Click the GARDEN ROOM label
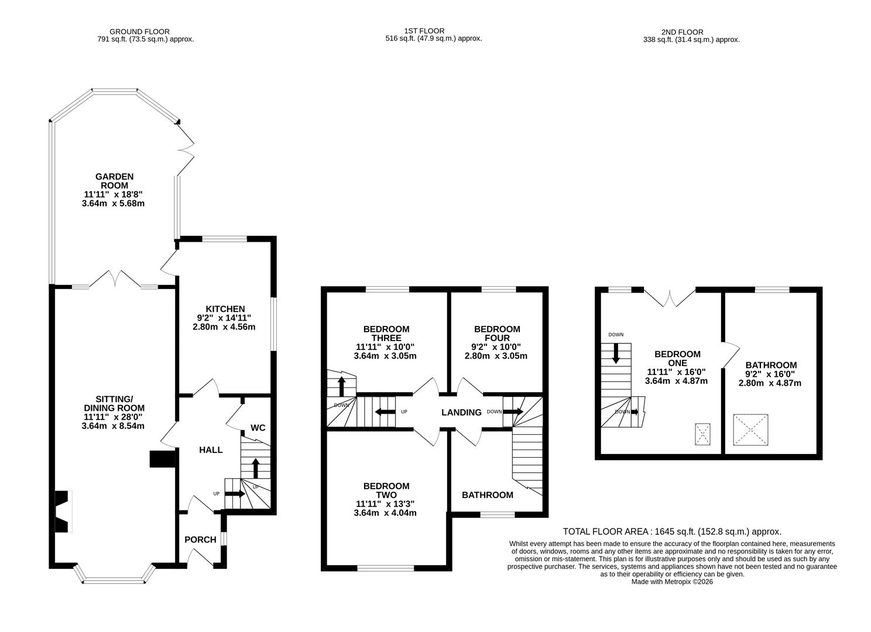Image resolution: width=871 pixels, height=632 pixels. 115,181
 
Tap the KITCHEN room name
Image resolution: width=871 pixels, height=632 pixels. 225,309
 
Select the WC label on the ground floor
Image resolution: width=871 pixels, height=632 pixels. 258,428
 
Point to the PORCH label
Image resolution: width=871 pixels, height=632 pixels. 200,540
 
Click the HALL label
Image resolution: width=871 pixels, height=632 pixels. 211,450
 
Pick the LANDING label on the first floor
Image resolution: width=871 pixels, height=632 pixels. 461,413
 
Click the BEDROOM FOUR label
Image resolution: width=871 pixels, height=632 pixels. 496,334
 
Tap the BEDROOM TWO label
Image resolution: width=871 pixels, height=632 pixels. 386,490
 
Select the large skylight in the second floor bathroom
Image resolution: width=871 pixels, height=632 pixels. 750,430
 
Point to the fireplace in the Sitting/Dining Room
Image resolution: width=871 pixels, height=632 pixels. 62,511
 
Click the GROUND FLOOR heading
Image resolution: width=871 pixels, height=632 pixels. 139,32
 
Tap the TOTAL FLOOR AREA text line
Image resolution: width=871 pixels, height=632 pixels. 672,532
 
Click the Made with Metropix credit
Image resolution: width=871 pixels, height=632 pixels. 672,582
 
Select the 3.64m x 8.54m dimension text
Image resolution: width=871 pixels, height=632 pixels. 113,426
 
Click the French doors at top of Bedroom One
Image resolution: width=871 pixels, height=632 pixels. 669,298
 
